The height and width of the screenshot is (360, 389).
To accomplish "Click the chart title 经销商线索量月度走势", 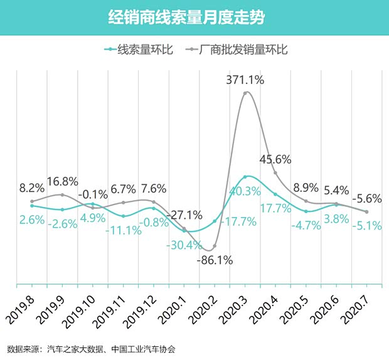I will (194, 18).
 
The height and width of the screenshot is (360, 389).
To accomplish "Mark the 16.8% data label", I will (61, 182).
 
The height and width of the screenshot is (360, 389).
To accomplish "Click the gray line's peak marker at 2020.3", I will (246, 93).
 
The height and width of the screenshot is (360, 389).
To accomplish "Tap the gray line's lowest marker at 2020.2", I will (215, 246).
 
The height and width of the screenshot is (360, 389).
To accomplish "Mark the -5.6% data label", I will (366, 198).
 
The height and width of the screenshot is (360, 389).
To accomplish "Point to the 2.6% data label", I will (31, 220).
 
